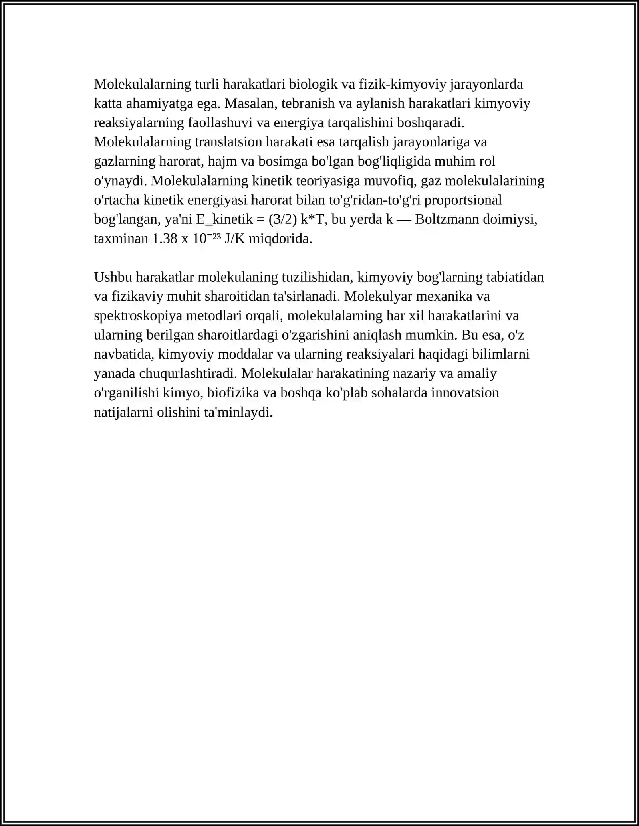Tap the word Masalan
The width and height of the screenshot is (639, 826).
point(250,103)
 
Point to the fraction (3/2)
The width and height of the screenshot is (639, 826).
point(283,219)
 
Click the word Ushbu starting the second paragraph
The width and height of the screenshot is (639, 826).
point(113,277)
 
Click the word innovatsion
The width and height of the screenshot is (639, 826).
point(466,393)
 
